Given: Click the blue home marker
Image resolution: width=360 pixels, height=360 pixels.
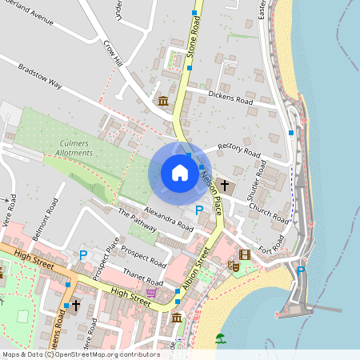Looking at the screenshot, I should pos(180,173).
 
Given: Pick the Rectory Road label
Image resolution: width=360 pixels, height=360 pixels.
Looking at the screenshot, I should pos(239,150).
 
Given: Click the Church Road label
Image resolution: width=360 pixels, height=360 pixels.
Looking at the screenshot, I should pos(268,210).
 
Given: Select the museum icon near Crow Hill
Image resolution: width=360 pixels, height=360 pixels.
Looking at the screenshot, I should pos(163,101).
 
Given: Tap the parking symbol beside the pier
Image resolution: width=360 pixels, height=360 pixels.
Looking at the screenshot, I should pos(301,271).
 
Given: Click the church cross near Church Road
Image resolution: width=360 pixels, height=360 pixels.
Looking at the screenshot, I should pos(225,186).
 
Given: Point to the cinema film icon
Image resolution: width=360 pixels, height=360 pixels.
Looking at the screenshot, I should pos(244,254).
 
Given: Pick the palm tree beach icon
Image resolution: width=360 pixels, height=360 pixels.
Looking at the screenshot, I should pos(221,338).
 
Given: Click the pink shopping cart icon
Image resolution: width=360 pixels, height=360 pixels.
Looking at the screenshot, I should pos(150,294).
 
